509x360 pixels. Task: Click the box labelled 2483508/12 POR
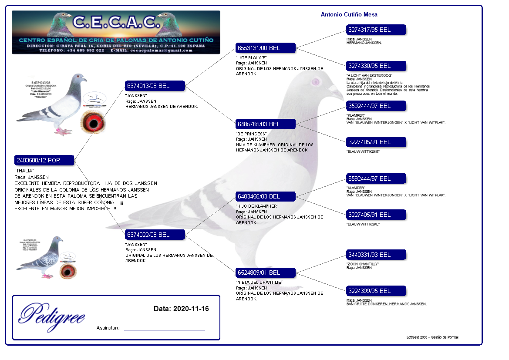click(44, 160)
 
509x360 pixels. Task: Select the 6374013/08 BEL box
click(155, 86)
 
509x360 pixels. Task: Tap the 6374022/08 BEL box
click(155, 235)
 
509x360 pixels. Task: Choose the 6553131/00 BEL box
click(266, 48)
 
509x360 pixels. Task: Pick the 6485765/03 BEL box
click(266, 124)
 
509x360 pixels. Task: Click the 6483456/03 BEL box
click(266, 196)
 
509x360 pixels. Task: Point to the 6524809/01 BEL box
click(266, 273)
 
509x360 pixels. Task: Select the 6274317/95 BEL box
click(376, 30)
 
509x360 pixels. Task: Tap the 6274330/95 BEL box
click(376, 66)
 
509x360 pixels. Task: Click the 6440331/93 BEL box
click(376, 255)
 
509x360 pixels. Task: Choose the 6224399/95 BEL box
click(376, 291)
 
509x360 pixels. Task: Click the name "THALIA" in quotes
click(24, 171)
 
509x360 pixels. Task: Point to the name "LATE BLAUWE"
click(251, 57)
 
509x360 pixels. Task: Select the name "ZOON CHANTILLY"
click(363, 264)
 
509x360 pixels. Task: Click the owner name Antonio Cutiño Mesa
click(349, 14)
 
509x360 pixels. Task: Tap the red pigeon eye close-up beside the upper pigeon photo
click(94, 123)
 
